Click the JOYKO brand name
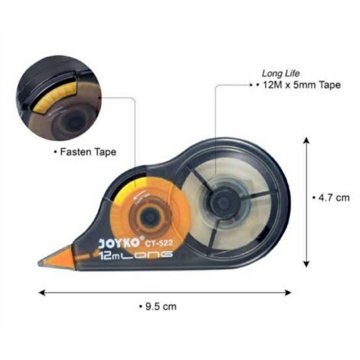point(118,243)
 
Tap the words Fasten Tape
point(86,152)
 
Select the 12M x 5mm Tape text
point(298,85)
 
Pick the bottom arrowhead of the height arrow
point(306,265)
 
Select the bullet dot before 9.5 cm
point(140,307)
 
